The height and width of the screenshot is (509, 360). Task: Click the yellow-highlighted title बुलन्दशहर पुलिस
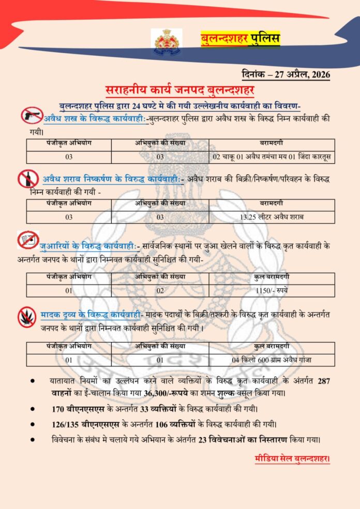point(240,39)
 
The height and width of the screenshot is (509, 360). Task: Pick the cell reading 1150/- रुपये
point(272,290)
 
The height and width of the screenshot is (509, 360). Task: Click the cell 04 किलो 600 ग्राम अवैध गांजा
point(272,360)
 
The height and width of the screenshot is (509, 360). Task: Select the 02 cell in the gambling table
point(160,290)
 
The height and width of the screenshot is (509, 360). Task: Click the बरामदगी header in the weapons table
point(272,143)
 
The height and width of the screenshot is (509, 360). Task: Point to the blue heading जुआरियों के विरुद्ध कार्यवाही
point(89,243)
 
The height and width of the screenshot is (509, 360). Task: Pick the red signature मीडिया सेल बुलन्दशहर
point(292,458)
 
